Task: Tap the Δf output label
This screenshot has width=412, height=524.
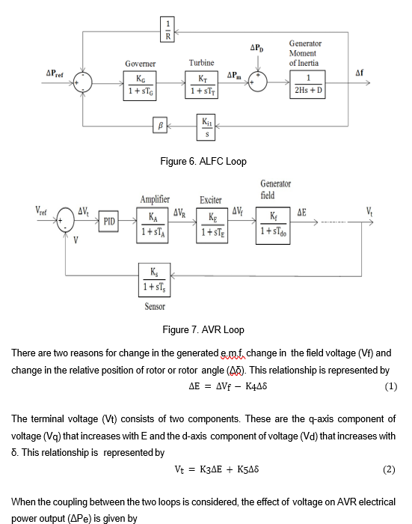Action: [360, 73]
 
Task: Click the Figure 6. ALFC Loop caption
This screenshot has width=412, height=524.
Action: [203, 161]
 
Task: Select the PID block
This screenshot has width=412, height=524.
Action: [110, 222]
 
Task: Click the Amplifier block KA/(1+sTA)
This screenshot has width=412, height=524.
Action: [154, 224]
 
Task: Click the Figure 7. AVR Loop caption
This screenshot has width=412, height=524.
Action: [203, 329]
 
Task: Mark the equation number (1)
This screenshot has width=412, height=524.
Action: [390, 386]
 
